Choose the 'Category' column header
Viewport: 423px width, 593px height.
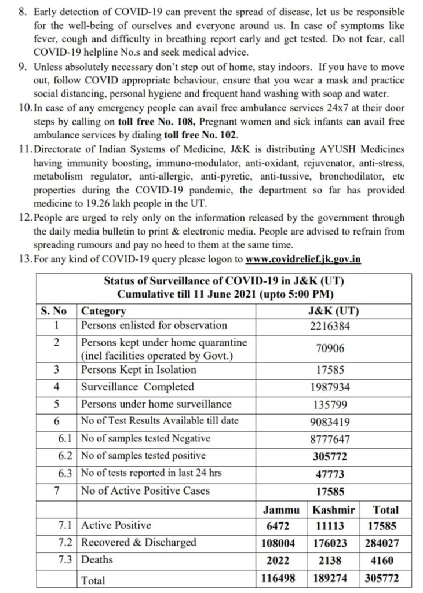point(104,310)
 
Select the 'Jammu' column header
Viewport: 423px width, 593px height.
point(281,510)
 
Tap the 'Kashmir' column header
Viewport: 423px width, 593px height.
point(333,510)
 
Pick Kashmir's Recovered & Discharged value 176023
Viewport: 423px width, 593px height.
point(333,543)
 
